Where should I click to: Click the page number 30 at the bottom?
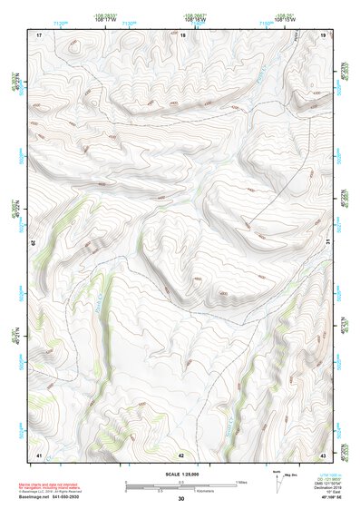point(181,499)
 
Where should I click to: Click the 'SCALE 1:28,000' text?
point(181,474)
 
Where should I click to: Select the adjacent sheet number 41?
point(39,454)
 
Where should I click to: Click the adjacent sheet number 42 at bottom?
point(181,454)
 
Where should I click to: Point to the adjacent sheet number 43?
point(323,454)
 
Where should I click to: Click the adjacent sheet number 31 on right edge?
point(328,243)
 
